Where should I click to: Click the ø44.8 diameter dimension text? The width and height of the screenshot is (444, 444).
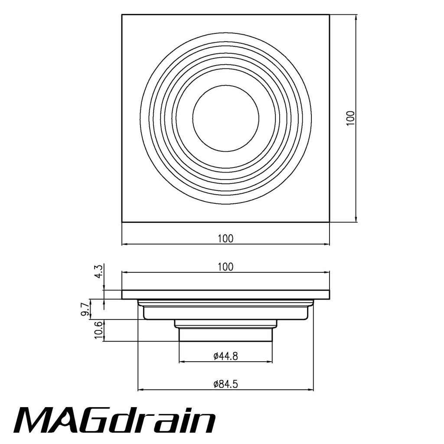226,356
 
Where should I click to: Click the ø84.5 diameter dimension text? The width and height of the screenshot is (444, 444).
226,384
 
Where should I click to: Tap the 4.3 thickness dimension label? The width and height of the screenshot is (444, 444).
99,272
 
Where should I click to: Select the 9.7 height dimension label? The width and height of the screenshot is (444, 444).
85,310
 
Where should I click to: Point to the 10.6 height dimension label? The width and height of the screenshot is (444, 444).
98,330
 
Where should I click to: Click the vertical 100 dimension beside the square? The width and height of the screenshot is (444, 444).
351,118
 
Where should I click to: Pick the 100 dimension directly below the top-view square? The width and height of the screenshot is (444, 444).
225,238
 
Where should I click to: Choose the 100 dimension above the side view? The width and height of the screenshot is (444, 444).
225,267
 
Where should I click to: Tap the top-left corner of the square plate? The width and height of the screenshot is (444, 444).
122,15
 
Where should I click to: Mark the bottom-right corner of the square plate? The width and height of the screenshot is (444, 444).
330,222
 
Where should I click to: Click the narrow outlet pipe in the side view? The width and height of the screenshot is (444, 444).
226,334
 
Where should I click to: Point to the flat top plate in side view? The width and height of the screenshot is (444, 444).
225,294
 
